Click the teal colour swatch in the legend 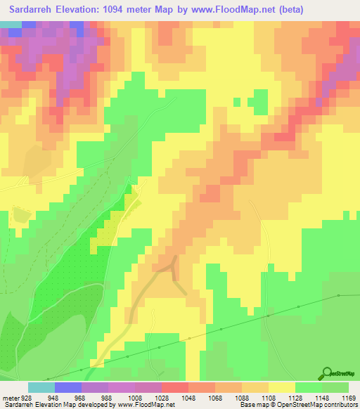coord(41,387)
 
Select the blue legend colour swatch coord(68,387)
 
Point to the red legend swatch coord(175,387)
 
